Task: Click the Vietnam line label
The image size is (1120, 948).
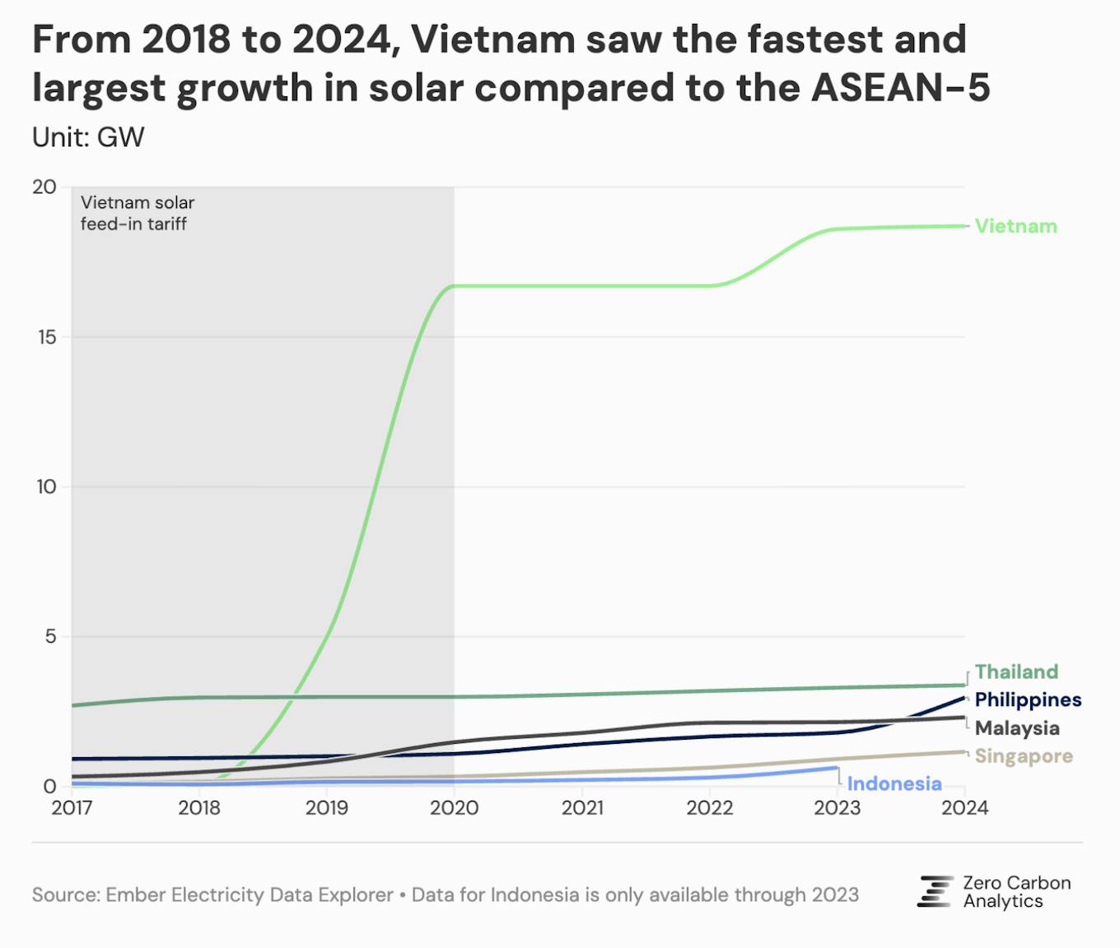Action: pos(1015,226)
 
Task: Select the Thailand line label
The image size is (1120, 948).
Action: pos(1016,671)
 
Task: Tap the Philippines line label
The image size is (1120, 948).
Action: pos(1028,699)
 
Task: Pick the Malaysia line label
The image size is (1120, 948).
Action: pos(1017,728)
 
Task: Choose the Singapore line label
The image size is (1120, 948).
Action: pos(1024,756)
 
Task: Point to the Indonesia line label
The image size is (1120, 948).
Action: pos(894,783)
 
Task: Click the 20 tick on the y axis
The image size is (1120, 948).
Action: pos(44,187)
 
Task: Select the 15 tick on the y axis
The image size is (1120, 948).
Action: pos(46,337)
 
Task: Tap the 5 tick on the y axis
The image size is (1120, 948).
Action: pos(50,636)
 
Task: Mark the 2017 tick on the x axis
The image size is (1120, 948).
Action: pos(72,808)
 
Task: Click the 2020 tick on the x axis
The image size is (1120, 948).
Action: pos(454,808)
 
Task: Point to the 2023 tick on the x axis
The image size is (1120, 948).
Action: pos(837,808)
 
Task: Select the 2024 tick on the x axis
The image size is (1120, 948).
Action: pos(964,808)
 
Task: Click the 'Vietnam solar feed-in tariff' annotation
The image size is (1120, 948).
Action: pos(138,213)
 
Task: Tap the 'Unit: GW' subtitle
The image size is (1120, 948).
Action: pos(88,137)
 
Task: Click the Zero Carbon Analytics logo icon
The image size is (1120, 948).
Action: pos(935,892)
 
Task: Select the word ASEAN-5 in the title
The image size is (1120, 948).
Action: pos(900,87)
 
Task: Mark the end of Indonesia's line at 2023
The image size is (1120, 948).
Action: pos(837,768)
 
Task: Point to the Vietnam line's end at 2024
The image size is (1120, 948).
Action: pos(964,225)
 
